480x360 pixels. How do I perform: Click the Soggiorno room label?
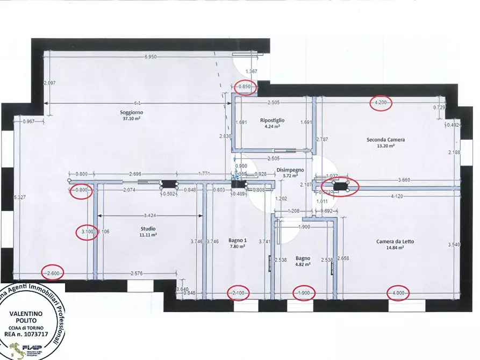(x=132, y=112)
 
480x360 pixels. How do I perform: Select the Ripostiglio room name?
(x=272, y=120)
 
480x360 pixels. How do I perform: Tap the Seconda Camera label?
(x=386, y=140)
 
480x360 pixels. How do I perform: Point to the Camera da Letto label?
(x=395, y=242)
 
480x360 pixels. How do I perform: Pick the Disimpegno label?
(x=290, y=169)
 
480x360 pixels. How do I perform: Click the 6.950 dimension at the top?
(x=151, y=56)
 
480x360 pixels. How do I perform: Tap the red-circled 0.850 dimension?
(x=246, y=87)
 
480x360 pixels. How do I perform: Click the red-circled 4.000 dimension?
(x=398, y=293)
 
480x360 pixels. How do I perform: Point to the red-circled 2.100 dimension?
(x=238, y=293)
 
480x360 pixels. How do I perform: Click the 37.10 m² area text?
(x=132, y=119)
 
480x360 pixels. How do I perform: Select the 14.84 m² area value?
(x=395, y=248)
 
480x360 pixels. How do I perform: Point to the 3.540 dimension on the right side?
(x=454, y=244)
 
